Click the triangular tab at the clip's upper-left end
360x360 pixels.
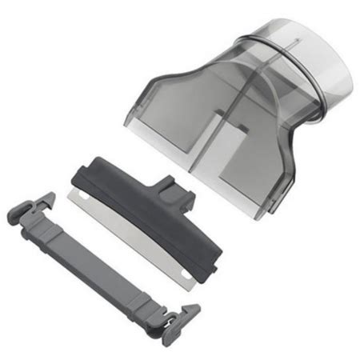[43, 199]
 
